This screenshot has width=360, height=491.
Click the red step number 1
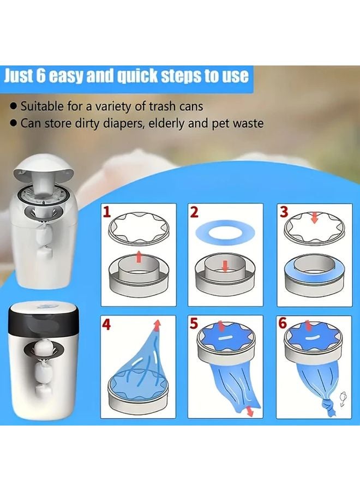[x=108, y=211]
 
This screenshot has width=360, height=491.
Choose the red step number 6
[x=283, y=325]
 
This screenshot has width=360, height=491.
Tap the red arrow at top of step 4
[x=158, y=326]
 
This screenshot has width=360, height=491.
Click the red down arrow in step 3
[x=314, y=218]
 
